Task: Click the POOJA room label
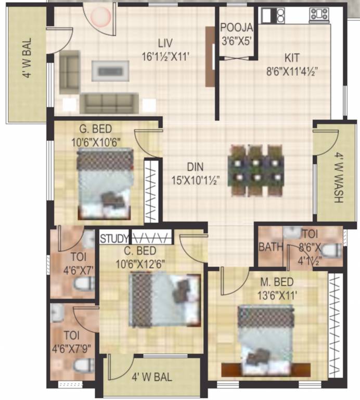(x=237, y=28)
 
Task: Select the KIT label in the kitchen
(x=292, y=57)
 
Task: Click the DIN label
(x=196, y=167)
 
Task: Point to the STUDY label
(x=114, y=239)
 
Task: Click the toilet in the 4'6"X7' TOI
(x=83, y=283)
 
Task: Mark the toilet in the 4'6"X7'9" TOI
(x=83, y=365)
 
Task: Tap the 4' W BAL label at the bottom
(x=151, y=377)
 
